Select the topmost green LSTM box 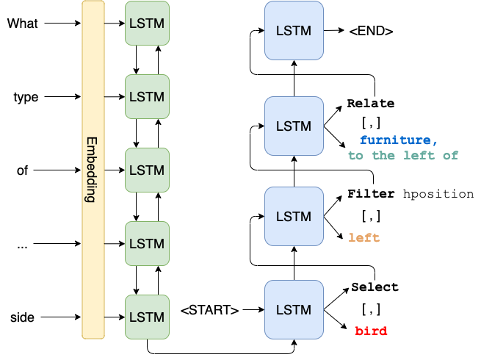147,24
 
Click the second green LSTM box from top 147,96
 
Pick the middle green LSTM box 147,170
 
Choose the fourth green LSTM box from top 147,243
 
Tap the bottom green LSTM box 147,317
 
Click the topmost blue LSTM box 294,30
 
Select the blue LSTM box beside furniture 294,126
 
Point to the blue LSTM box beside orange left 294,217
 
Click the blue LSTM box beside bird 294,309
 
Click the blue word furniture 396,140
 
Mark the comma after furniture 436,142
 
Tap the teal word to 356,156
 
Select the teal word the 383,156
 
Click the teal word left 419,156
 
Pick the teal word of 451,156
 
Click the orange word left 364,238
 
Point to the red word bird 371,331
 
